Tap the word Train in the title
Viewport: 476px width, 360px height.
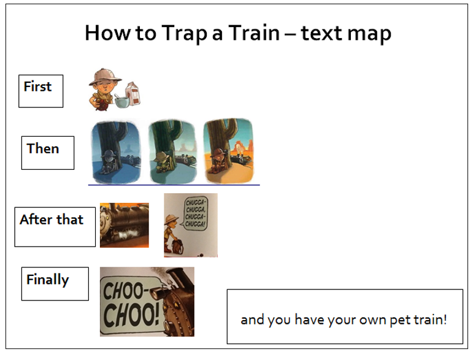click(x=254, y=33)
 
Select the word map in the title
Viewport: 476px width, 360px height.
click(x=369, y=34)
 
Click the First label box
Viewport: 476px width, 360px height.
click(x=41, y=91)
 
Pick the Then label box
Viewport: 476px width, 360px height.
click(x=48, y=153)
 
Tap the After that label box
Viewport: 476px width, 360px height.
click(x=55, y=227)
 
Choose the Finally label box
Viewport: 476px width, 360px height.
click(x=55, y=284)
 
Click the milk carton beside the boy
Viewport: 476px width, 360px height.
click(x=133, y=94)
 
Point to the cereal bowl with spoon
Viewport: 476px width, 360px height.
click(x=122, y=101)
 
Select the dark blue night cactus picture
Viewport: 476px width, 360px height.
click(x=116, y=151)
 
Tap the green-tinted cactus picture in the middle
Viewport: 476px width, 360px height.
click(x=172, y=151)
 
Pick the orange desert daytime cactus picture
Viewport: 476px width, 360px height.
click(x=229, y=151)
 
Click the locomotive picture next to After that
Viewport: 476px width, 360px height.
click(x=125, y=225)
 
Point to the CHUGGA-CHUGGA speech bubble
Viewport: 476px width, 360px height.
click(x=196, y=213)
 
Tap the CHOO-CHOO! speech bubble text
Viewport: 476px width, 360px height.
click(x=131, y=304)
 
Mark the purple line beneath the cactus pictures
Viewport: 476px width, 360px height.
click(x=174, y=185)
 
